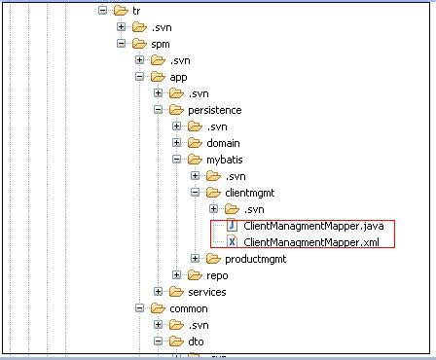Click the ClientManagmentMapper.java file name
point(313,226)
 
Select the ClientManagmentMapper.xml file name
point(311,242)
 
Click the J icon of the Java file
point(232,225)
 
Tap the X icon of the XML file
point(232,241)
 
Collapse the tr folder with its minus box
point(102,11)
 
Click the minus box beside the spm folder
point(121,44)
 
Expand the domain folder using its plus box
point(176,143)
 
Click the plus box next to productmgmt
point(195,259)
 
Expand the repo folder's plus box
point(176,275)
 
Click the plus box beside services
point(158,292)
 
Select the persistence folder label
point(215,110)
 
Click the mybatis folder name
point(225,160)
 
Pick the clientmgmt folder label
point(250,193)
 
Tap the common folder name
point(189,308)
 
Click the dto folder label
point(196,342)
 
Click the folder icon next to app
point(158,77)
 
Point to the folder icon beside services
point(176,292)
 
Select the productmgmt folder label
point(256,259)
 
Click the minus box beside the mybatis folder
point(176,160)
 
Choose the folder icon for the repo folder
point(195,275)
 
